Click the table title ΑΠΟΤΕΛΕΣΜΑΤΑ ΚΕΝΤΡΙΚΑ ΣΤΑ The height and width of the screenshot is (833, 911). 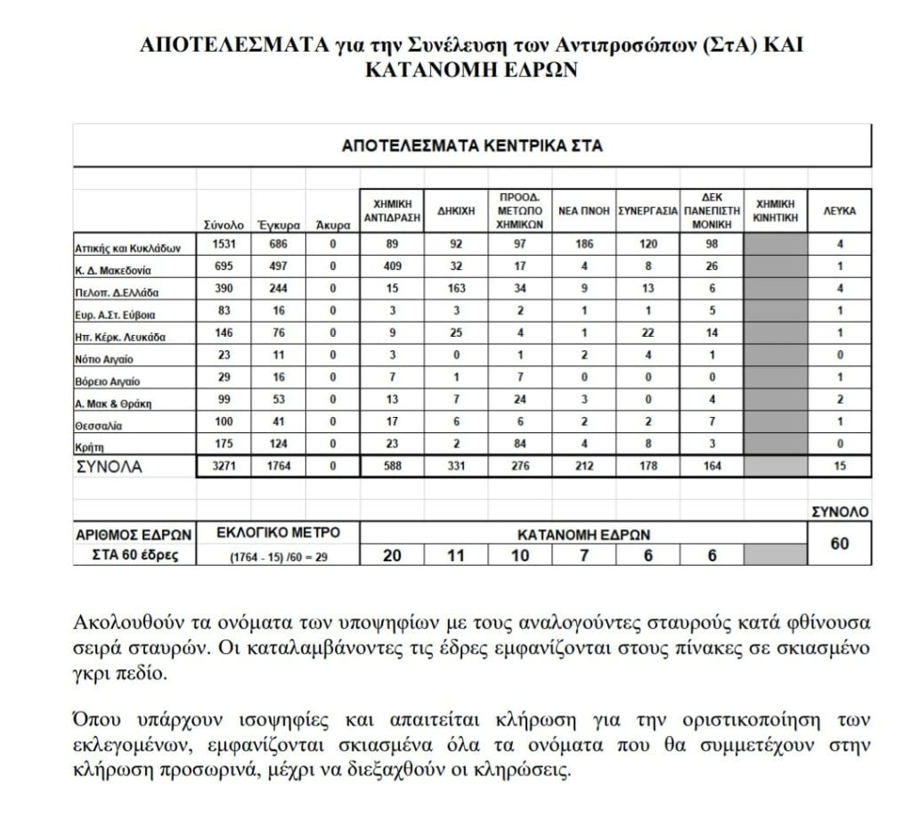472,146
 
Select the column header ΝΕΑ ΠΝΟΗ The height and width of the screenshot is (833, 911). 583,212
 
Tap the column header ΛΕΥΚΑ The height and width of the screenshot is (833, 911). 840,212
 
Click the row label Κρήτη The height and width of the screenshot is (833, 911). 90,445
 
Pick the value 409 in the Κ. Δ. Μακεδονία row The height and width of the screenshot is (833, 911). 391,266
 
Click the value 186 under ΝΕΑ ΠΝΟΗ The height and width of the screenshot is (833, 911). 583,244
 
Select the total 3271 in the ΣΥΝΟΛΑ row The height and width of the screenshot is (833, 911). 224,466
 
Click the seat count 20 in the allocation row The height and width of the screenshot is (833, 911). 391,555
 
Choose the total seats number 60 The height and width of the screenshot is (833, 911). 840,543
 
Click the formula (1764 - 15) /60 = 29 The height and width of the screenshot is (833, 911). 279,557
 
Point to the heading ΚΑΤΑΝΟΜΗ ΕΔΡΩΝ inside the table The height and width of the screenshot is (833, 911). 583,535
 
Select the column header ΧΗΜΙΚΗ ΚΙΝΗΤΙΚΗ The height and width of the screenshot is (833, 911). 776,212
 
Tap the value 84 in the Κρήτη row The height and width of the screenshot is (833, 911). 519,445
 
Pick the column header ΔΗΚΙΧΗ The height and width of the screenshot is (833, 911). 455,212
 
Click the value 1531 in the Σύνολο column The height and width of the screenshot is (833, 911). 224,244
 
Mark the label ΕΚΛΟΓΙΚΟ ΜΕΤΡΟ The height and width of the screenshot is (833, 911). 279,534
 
